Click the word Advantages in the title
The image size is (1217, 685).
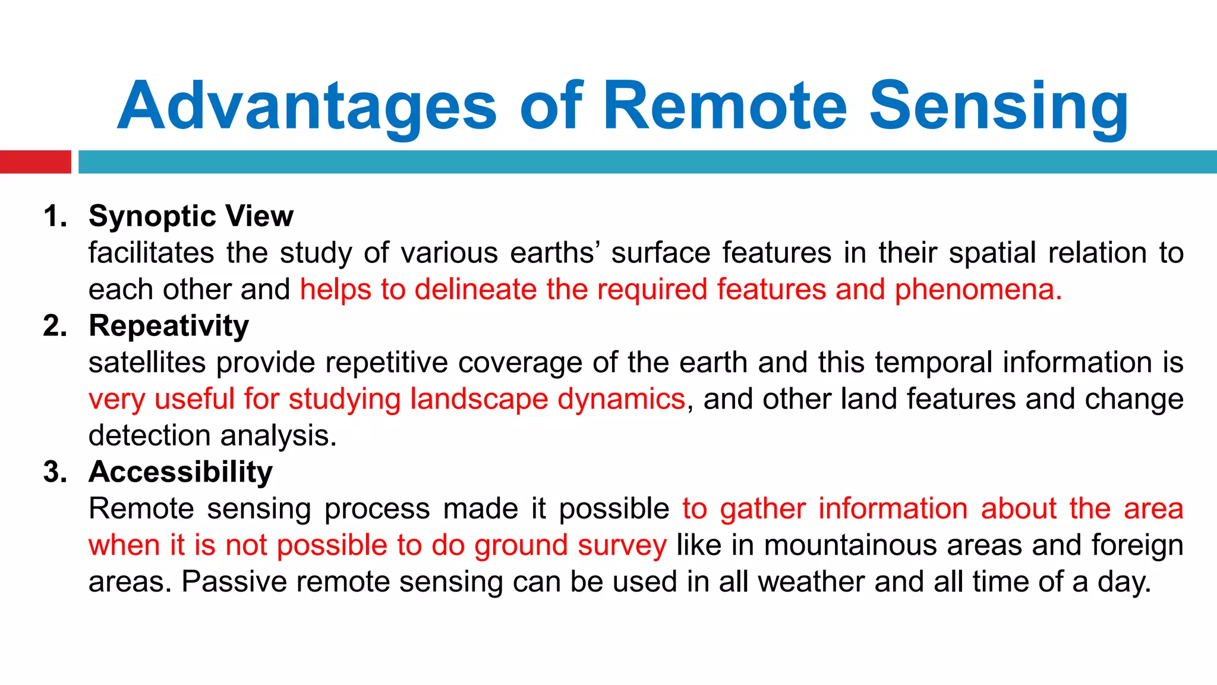tap(307, 107)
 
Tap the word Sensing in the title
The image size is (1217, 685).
tap(998, 107)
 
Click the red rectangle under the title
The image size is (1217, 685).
tap(35, 162)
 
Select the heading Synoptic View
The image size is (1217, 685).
tap(191, 216)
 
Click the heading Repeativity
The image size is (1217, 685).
tap(169, 326)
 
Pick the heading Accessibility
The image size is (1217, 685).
tap(181, 472)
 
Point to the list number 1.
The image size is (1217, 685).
tap(55, 216)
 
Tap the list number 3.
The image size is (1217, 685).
tap(55, 472)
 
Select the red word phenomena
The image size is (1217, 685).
tap(978, 290)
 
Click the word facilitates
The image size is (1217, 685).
tap(151, 253)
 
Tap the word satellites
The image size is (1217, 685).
tap(147, 363)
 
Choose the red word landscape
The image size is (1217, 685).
tap(479, 399)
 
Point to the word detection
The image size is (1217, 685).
tap(149, 436)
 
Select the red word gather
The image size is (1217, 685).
tap(762, 509)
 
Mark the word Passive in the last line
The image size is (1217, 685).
tap(233, 582)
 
